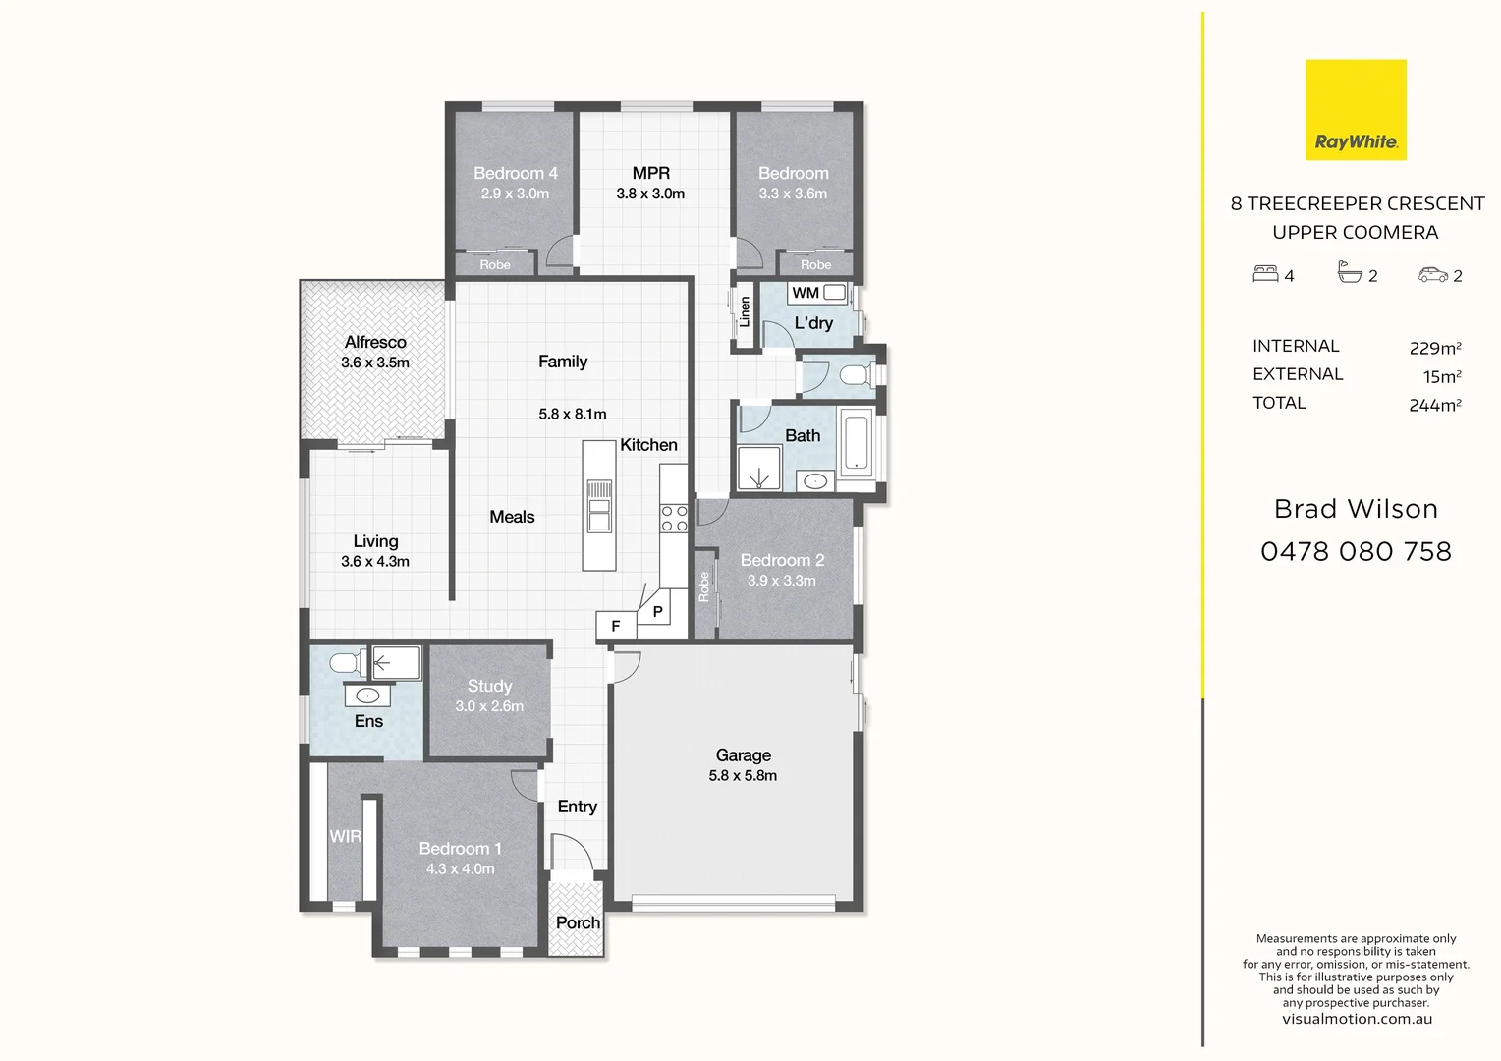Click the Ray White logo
(1356, 110)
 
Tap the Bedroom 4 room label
(515, 173)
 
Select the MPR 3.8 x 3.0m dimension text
(650, 194)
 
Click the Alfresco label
(375, 342)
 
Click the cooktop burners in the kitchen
(674, 519)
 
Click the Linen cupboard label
(745, 312)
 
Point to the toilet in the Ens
(345, 663)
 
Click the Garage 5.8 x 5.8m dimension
(743, 776)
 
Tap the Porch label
(578, 922)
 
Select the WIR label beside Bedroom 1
(345, 836)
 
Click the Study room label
(489, 686)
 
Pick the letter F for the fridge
(616, 626)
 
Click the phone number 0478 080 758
(1356, 552)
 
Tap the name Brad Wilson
(1356, 509)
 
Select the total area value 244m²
(1434, 405)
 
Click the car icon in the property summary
(1432, 275)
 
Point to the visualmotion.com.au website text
(1357, 1019)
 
